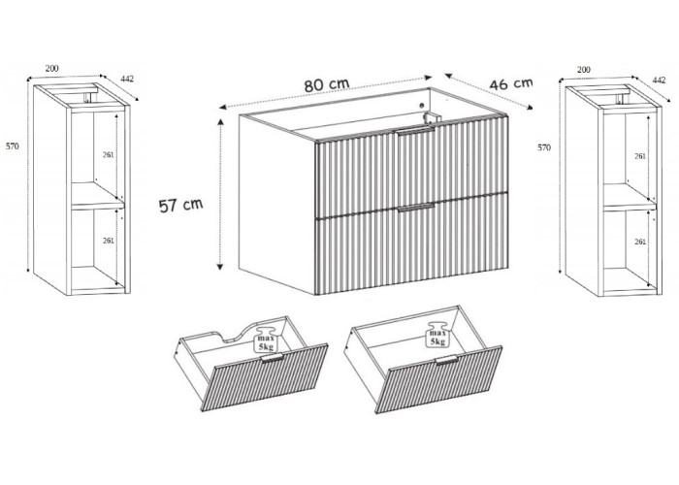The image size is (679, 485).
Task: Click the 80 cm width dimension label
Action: click(327, 84)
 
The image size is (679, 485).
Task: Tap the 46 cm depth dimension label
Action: click(511, 83)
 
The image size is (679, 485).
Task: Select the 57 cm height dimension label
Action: click(180, 205)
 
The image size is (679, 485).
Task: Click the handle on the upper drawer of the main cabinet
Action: click(416, 132)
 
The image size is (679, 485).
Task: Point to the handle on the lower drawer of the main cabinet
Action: click(416, 208)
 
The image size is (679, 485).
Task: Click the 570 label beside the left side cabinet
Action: click(12, 146)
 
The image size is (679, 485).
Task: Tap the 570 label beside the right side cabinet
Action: click(544, 147)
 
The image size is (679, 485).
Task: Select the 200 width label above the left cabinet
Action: click(51, 68)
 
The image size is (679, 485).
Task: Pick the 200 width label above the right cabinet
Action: click(583, 69)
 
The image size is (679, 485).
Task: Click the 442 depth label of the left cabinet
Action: click(127, 79)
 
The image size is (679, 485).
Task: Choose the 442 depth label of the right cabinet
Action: click(659, 81)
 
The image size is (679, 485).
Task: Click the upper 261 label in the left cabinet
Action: click(109, 154)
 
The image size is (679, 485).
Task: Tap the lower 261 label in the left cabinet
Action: click(109, 241)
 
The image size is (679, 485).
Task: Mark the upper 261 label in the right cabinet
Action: click(640, 156)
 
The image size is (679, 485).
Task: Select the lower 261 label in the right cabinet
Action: click(640, 242)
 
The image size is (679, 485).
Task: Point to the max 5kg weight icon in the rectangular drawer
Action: click(437, 335)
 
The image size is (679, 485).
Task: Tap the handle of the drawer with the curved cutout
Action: click(273, 358)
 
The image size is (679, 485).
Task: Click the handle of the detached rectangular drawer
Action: click(446, 360)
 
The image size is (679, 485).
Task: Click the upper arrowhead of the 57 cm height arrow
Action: click(220, 122)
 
